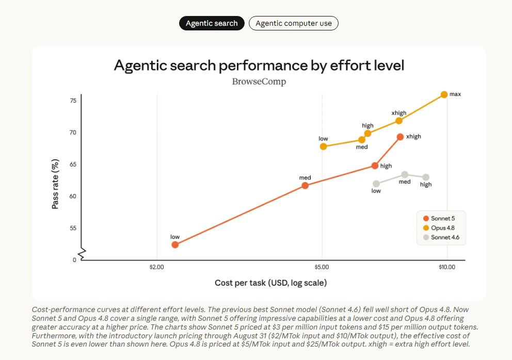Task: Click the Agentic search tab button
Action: coord(212,23)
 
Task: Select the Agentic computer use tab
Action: coord(294,23)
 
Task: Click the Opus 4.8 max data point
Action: coord(444,95)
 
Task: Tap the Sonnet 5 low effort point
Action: coord(175,245)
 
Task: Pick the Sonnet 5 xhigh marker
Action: coord(401,137)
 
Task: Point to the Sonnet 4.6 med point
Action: coord(405,175)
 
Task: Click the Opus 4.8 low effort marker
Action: coord(323,146)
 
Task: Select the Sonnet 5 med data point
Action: coord(305,186)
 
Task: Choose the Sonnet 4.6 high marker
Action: coord(426,177)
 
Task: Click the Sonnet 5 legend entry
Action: coord(439,218)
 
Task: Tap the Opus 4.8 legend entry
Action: coord(439,228)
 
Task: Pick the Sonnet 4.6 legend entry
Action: coord(441,237)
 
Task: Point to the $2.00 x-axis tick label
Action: coord(157,267)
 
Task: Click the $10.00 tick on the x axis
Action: coord(447,267)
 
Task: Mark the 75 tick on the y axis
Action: coord(73,101)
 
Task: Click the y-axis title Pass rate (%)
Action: coord(55,184)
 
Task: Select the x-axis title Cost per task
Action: coord(270,283)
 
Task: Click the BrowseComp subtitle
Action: coord(259,81)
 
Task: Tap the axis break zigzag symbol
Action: coord(82,254)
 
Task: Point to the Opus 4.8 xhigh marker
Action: coord(399,121)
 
